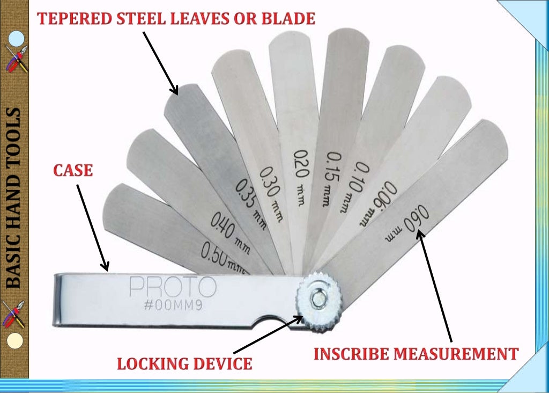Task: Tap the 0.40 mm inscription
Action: (x=229, y=232)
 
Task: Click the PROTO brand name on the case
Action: (x=173, y=287)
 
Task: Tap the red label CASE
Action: (x=73, y=171)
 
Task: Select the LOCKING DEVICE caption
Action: (x=184, y=364)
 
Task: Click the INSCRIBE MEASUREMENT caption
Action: (x=416, y=354)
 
